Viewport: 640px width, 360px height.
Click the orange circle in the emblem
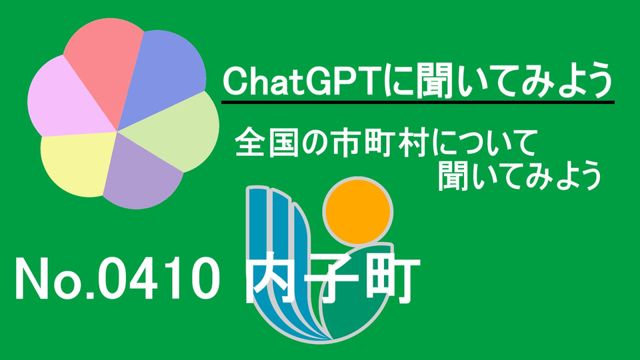pyautogui.click(x=358, y=212)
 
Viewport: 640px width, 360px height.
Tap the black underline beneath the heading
pyautogui.click(x=418, y=101)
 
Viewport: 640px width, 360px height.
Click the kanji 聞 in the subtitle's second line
pyautogui.click(x=453, y=176)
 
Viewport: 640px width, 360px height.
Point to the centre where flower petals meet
pyautogui.click(x=117, y=131)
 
